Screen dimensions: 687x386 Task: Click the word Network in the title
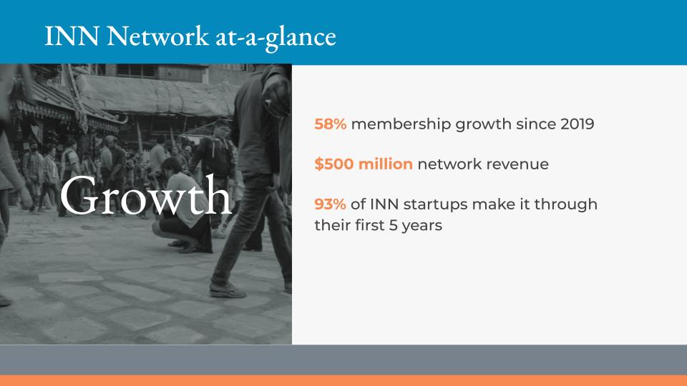(x=158, y=36)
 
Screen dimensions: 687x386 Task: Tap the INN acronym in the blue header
(x=72, y=36)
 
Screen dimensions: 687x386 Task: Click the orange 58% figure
(x=331, y=124)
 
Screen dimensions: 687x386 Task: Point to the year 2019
(x=578, y=124)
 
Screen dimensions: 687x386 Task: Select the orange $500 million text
(x=364, y=164)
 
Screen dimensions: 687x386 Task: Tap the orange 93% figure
(x=330, y=204)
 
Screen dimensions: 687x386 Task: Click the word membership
(x=401, y=124)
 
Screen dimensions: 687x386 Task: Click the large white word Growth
(x=145, y=196)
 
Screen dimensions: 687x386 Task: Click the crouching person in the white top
(x=184, y=207)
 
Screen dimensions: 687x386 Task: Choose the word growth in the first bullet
(x=483, y=124)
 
